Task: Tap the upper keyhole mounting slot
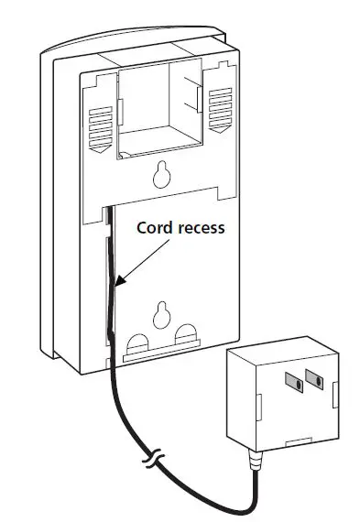(162, 172)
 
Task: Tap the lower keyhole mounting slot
(162, 313)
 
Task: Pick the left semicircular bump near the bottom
(136, 343)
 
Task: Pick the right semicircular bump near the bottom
(188, 337)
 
